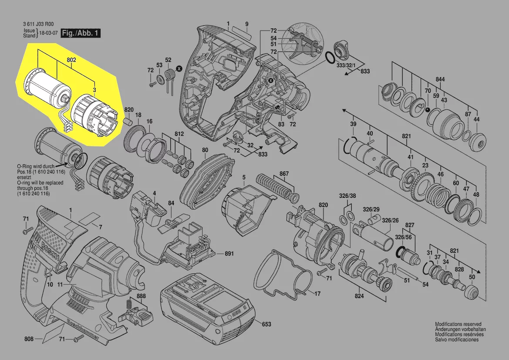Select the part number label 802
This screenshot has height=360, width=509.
pos(71,60)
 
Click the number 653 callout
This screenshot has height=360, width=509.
pos(266,324)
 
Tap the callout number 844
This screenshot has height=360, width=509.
pos(441,80)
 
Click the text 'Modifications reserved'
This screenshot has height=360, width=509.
pos(458,324)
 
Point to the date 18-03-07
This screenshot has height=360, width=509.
pos(48,33)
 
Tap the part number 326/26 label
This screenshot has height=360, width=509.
pos(390,221)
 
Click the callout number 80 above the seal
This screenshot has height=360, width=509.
pos(205,150)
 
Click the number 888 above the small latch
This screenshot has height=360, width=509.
pos(141,296)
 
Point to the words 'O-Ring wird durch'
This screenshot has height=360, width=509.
pos(35,166)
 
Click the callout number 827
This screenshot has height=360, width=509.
pos(410,225)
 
